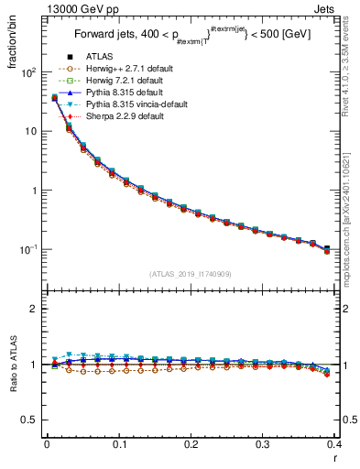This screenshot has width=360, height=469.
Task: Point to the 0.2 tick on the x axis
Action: point(191,446)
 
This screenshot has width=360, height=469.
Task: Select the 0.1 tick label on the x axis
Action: point(118,446)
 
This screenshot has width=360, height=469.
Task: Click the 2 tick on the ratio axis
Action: point(36,310)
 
